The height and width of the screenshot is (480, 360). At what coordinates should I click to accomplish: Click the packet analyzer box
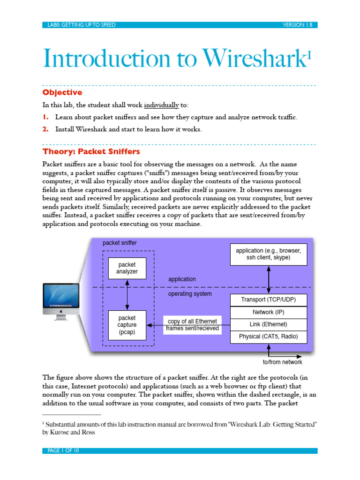click(x=127, y=268)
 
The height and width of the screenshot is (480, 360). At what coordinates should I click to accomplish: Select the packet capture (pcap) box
click(x=127, y=325)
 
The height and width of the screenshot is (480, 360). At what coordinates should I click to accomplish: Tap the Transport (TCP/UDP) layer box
click(x=268, y=300)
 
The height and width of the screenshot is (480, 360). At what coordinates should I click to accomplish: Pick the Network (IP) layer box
click(x=268, y=312)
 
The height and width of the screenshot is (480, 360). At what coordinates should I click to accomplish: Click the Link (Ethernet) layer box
click(x=268, y=324)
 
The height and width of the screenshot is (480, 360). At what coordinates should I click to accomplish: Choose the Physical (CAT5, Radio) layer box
click(x=268, y=337)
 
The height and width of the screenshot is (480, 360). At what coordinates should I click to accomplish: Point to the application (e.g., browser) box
click(x=268, y=254)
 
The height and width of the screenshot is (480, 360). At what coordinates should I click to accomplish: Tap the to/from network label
click(x=282, y=362)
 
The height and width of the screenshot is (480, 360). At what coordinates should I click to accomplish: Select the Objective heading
click(x=62, y=93)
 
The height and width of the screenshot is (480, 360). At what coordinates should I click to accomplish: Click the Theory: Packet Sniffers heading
click(x=91, y=152)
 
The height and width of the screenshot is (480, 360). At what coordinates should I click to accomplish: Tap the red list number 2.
click(x=45, y=129)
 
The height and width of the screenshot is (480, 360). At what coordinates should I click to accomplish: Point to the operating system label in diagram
click(x=190, y=294)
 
